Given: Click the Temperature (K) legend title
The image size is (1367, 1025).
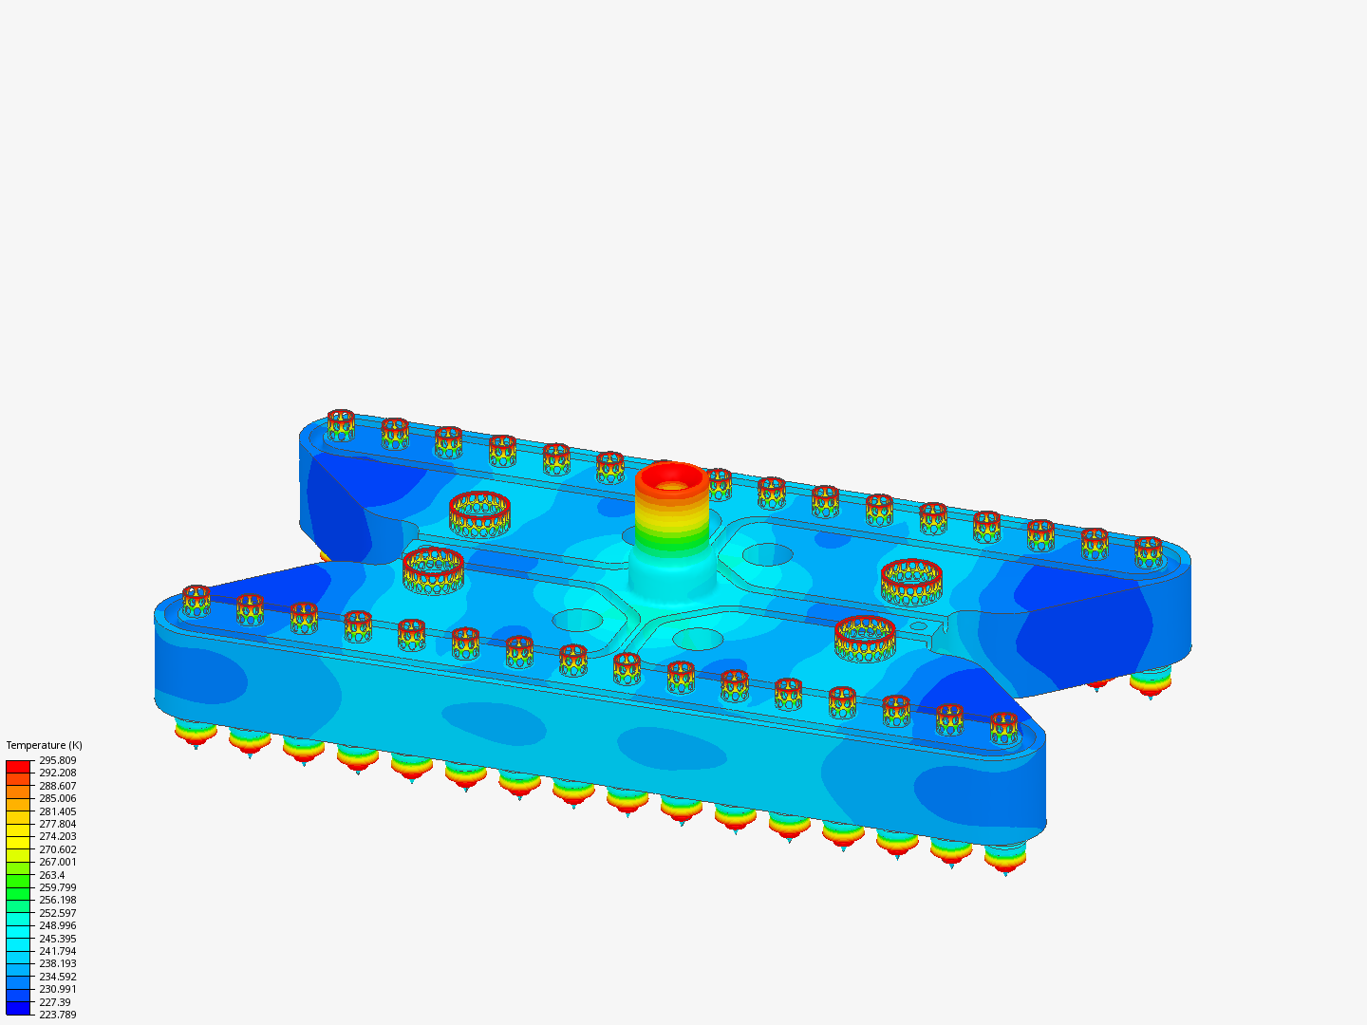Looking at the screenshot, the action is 45,745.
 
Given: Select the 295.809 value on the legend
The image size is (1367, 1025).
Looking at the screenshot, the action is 57,760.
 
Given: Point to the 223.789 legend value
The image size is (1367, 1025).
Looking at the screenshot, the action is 57,1015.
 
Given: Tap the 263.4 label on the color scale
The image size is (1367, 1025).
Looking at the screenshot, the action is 51,874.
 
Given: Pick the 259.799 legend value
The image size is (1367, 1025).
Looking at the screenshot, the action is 57,887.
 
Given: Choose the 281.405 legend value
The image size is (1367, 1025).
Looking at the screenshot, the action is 57,811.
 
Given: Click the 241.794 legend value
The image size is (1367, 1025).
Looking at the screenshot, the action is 57,951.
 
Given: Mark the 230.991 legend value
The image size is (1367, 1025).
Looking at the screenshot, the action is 57,989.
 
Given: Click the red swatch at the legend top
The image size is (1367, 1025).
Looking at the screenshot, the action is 18,766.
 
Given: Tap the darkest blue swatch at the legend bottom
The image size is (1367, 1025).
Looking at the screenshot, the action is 18,1008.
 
